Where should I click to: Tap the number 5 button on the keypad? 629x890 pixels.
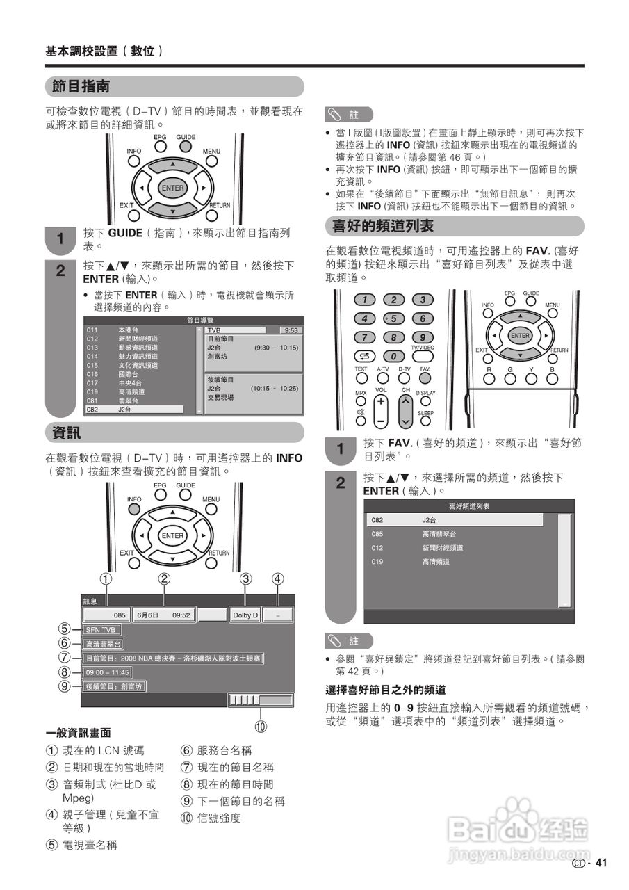click(x=393, y=318)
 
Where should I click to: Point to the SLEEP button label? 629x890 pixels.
click(x=425, y=413)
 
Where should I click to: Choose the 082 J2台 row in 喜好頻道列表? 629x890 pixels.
click(x=455, y=520)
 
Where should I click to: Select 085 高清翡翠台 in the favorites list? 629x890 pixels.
click(x=455, y=534)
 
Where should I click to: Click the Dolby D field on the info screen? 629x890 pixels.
click(x=245, y=615)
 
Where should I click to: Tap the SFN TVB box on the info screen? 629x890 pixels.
click(x=100, y=630)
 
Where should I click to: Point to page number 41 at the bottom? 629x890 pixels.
click(x=601, y=864)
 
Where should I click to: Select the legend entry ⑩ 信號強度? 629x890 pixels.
click(x=211, y=818)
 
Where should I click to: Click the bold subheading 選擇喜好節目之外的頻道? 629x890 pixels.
click(x=386, y=690)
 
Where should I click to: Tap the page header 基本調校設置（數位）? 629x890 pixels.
click(x=104, y=51)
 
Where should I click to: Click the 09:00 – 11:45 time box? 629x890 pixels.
click(x=106, y=672)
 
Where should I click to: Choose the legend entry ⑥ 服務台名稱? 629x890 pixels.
click(x=216, y=750)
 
